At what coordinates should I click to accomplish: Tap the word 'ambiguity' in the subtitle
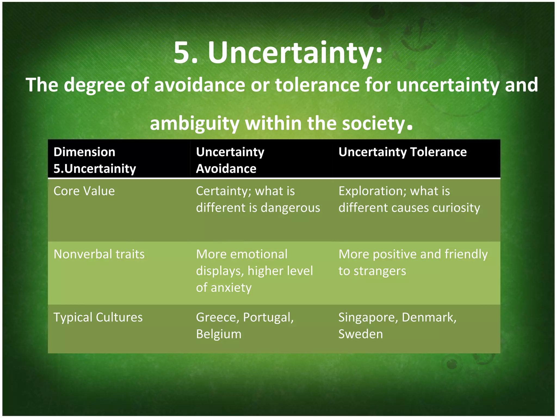pos(194,124)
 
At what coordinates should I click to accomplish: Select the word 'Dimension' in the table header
pos(84,152)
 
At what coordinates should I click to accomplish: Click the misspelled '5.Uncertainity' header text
pos(95,169)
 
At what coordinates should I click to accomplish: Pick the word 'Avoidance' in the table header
pos(226,169)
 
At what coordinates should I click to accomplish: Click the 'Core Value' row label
pos(84,191)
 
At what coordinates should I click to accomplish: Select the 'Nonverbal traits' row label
pos(99,254)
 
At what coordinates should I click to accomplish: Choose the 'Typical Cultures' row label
pos(98,317)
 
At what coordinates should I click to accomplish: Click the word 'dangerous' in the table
pos(290,208)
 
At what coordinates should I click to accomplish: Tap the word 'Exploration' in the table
pos(372,191)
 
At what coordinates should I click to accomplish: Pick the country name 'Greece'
pos(217,317)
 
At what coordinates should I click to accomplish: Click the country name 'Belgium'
pos(219,334)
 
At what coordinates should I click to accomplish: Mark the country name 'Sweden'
pos(360,334)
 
